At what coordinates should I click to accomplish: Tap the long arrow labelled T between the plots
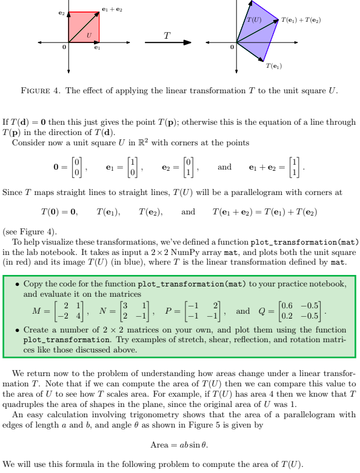pos(166,42)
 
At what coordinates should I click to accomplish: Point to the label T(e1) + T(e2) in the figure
pos(301,21)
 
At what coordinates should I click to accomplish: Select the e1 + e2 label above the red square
pos(113,8)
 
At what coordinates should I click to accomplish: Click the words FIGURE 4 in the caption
pos(40,91)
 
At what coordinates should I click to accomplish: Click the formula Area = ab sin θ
pos(179,445)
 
